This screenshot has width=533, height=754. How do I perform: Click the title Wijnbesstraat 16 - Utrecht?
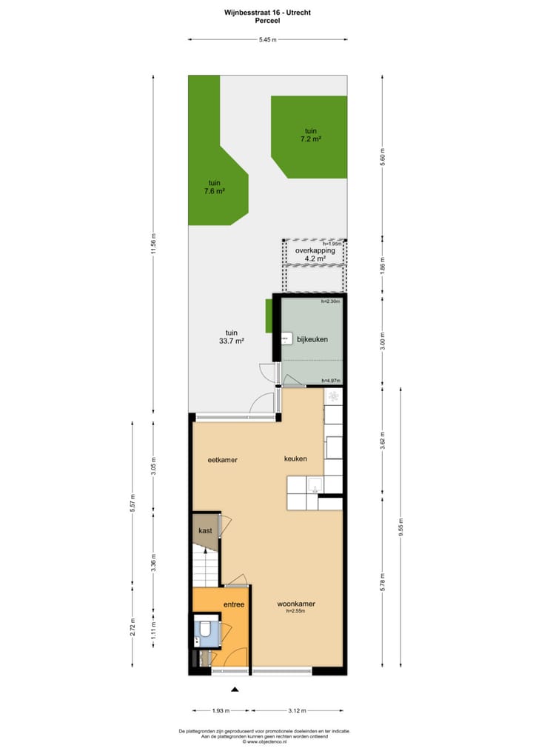click(x=266, y=13)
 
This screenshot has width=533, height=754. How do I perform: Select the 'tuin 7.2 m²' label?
click(x=309, y=134)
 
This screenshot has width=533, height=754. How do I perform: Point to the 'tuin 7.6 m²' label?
click(x=215, y=187)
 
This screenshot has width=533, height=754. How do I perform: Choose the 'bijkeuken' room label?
click(x=312, y=339)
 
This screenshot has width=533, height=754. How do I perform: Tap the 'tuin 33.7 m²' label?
click(x=232, y=337)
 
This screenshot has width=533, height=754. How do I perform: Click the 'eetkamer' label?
click(x=222, y=459)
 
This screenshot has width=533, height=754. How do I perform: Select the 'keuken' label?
click(x=295, y=459)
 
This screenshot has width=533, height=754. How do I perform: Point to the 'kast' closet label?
click(x=205, y=531)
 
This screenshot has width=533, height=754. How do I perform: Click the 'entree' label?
click(x=234, y=605)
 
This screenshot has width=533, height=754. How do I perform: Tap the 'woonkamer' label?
click(x=295, y=604)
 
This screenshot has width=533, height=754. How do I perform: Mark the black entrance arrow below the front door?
click(x=235, y=690)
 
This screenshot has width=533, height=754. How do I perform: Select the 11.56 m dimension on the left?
click(x=153, y=244)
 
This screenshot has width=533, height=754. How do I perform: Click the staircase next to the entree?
click(x=206, y=567)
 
